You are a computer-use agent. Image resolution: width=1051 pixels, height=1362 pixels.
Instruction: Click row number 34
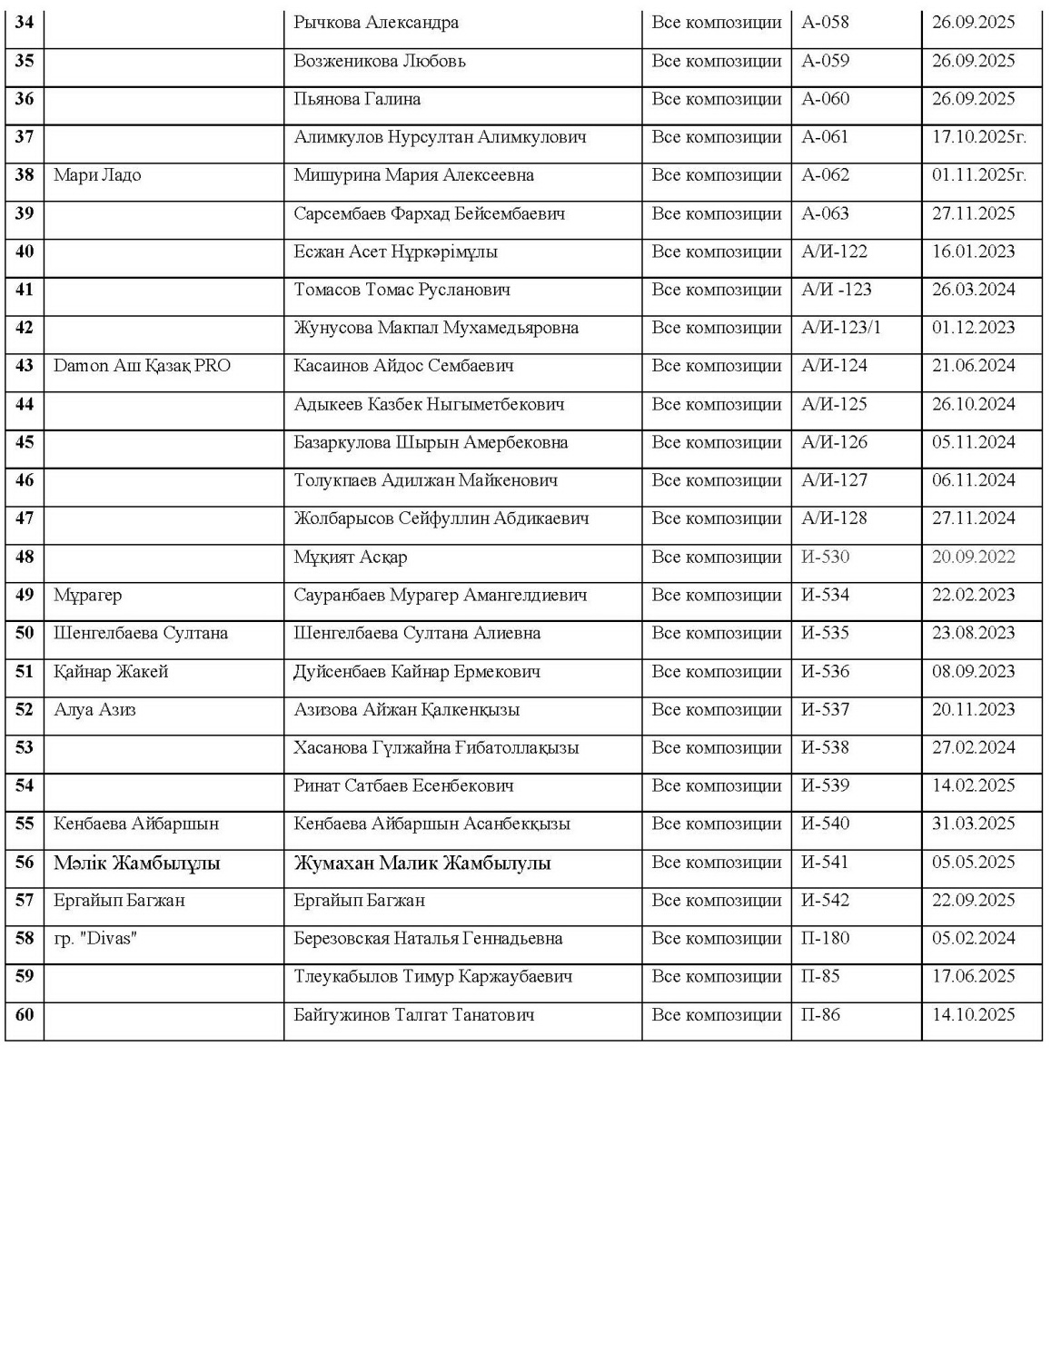[x=25, y=23]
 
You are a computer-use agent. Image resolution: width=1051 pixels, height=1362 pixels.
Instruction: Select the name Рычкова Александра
[x=376, y=23]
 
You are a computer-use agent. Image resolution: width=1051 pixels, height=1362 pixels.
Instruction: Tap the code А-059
[x=826, y=61]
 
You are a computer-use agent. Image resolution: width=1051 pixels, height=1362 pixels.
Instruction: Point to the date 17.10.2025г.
[x=979, y=137]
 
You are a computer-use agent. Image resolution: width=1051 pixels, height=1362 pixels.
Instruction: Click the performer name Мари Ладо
[x=97, y=175]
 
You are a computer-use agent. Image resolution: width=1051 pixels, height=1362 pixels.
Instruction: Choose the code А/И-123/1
[x=841, y=328]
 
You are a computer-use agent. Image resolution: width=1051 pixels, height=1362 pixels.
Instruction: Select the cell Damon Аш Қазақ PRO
[x=143, y=366]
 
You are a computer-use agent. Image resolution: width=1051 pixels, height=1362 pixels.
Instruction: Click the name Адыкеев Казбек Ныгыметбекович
[x=429, y=404]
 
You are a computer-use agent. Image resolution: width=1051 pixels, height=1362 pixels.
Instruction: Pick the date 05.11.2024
[x=974, y=442]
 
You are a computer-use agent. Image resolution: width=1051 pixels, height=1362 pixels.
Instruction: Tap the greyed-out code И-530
[x=826, y=557]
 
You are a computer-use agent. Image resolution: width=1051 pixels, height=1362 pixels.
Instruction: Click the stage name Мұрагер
[x=87, y=595]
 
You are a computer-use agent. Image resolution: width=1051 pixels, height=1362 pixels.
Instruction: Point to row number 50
[x=25, y=633]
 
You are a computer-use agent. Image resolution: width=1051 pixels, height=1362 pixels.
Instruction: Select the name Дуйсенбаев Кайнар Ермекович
[x=417, y=672]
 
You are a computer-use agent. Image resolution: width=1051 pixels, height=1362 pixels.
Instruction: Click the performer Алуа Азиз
[x=94, y=710]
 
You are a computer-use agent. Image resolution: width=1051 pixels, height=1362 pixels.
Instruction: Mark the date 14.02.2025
[x=974, y=786]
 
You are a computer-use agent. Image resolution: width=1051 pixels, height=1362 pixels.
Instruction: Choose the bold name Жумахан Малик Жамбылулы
[x=422, y=864]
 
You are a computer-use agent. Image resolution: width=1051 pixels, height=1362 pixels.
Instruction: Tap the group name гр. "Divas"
[x=94, y=939]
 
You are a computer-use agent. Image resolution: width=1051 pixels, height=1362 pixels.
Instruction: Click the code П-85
[x=821, y=977]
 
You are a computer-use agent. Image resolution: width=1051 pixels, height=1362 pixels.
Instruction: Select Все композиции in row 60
[x=717, y=1015]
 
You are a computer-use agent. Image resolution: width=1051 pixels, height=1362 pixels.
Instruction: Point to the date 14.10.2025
[x=974, y=1015]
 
